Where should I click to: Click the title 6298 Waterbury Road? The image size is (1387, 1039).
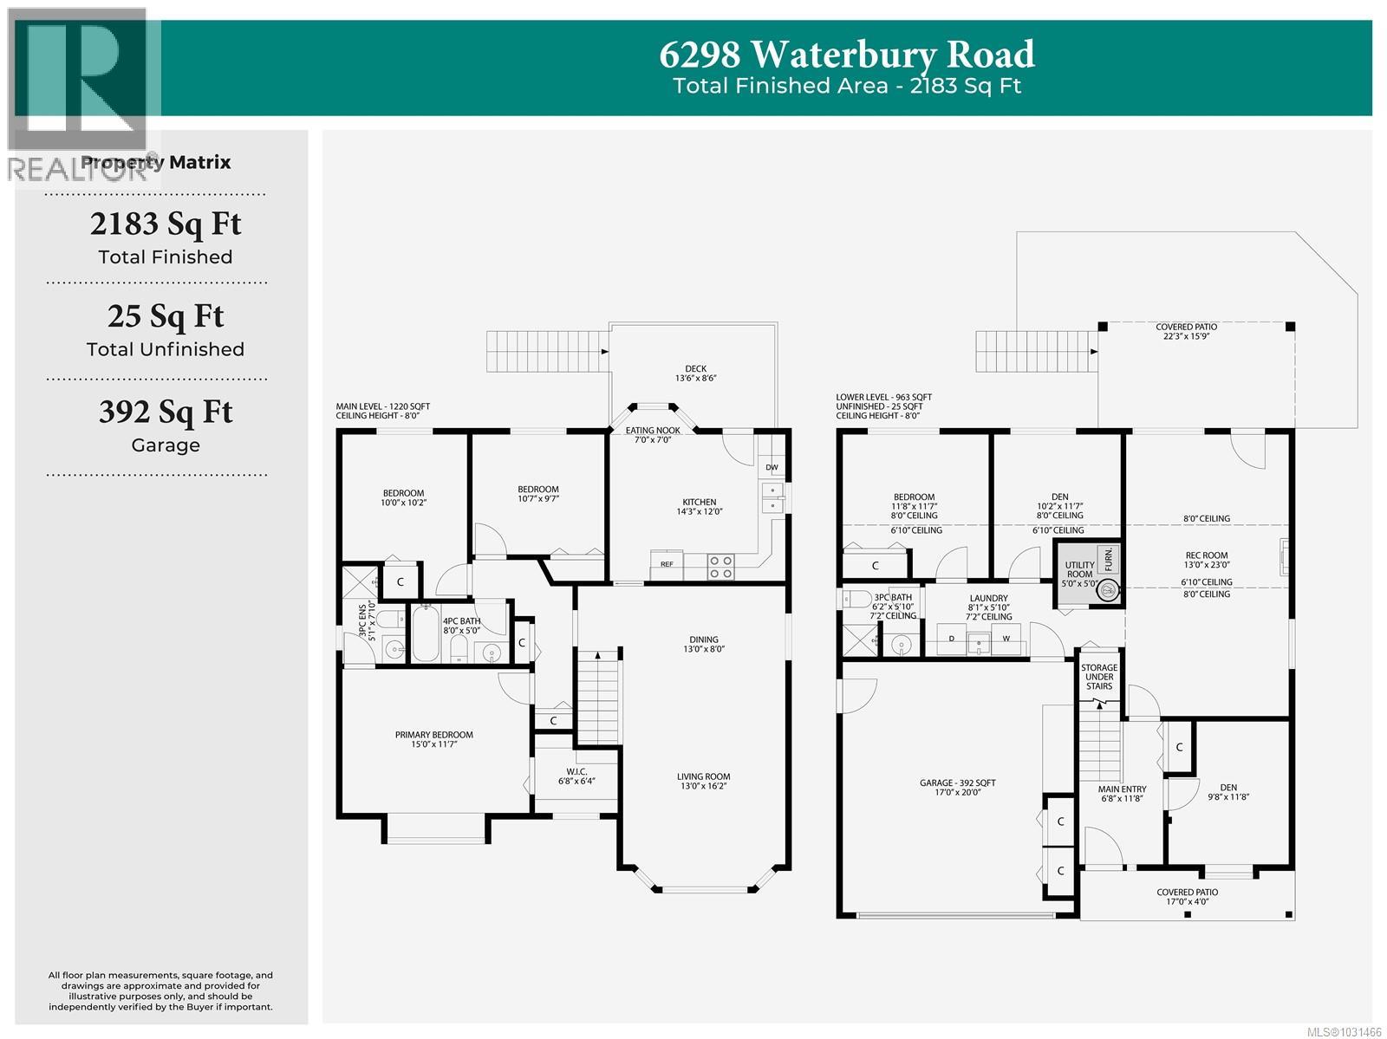tap(846, 54)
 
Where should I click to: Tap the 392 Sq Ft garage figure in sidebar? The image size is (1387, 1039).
tap(166, 412)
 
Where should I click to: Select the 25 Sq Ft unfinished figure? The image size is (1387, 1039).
tap(166, 316)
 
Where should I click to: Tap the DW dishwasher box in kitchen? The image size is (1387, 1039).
tap(772, 468)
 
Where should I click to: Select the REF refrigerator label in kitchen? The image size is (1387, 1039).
tap(667, 564)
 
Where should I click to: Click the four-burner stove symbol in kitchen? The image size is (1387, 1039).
tap(720, 567)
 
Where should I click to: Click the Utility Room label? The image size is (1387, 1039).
tap(1079, 569)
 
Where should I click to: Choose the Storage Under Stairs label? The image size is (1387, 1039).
tap(1098, 677)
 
